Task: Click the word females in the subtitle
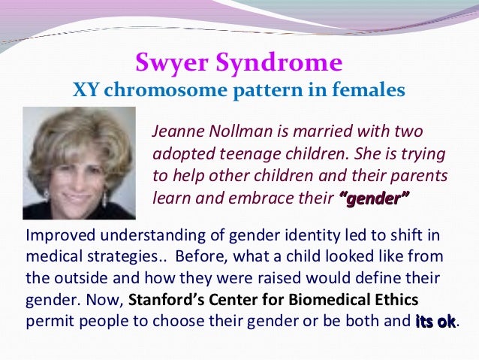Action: pos(367,91)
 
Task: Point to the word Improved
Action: pos(56,236)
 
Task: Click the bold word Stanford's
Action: pos(166,300)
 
